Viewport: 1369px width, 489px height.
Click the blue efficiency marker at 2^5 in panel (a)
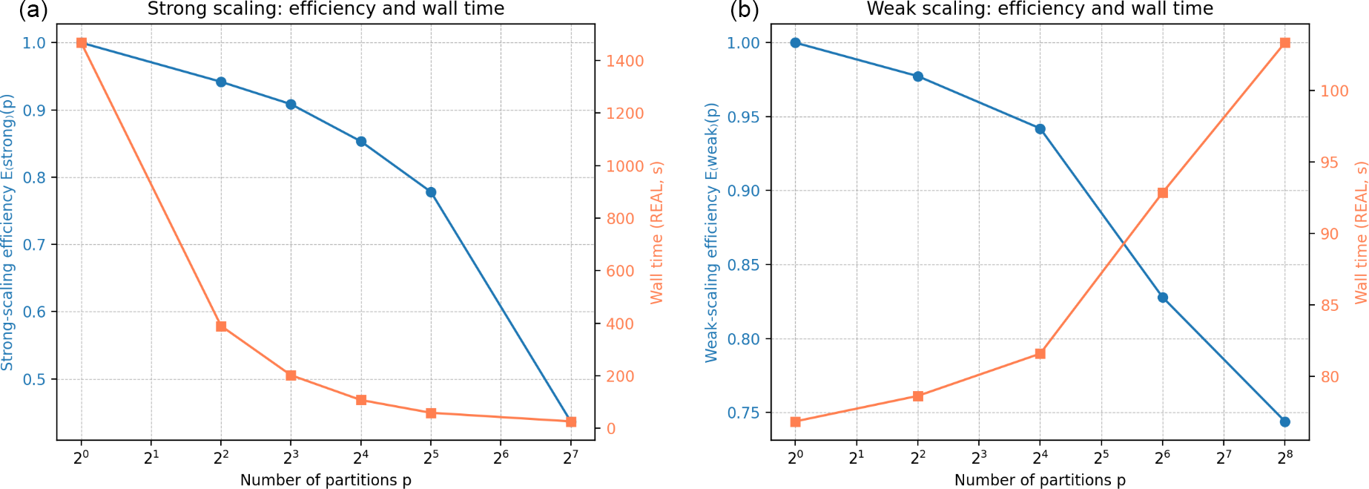coord(431,192)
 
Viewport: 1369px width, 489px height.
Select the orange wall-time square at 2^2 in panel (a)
coord(221,326)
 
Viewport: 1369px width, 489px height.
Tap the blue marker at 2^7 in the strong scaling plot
coord(570,421)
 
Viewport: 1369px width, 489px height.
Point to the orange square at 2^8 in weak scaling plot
coord(1285,43)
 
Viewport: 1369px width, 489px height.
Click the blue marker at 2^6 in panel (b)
coord(1163,298)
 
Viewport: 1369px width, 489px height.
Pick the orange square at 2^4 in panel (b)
coord(1040,354)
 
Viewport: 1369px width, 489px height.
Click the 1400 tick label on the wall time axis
coord(625,62)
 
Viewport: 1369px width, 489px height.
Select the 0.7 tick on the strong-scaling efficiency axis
coord(34,245)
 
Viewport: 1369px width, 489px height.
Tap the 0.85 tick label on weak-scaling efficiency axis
coord(743,265)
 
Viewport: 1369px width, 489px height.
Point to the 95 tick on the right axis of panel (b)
coord(1330,163)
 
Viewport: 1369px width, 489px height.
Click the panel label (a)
coord(33,10)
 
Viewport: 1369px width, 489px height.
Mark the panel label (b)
coord(745,10)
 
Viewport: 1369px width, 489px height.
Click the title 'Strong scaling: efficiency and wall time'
coord(326,9)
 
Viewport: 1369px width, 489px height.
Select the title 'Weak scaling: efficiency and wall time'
coord(1040,9)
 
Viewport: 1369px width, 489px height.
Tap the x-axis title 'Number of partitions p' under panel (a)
coord(326,480)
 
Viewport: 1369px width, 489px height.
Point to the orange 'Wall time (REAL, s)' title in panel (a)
coord(656,232)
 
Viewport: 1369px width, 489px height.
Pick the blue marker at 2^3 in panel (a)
coord(291,105)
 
